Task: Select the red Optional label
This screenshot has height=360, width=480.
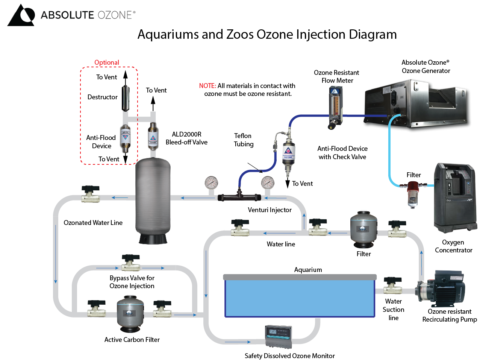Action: [x=106, y=62]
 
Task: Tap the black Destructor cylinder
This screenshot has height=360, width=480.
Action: [x=126, y=98]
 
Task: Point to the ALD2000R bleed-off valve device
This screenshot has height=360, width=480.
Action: [x=153, y=136]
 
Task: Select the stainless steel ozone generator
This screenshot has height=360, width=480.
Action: [x=415, y=103]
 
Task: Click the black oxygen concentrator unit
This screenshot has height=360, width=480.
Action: [x=455, y=197]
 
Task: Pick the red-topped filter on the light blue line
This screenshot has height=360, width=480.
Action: [x=413, y=193]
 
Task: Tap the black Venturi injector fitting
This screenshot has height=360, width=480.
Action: [x=239, y=196]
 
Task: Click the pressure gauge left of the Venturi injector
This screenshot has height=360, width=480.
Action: [x=211, y=183]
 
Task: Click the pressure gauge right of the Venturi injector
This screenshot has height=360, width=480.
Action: [x=268, y=183]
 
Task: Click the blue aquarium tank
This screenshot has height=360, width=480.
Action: [x=300, y=297]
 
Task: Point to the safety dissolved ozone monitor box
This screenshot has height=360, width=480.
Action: [x=278, y=336]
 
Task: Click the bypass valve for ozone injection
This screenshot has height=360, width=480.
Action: [x=130, y=263]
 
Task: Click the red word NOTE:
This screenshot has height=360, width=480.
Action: [x=207, y=86]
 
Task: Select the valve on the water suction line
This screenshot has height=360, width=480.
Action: [x=393, y=286]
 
